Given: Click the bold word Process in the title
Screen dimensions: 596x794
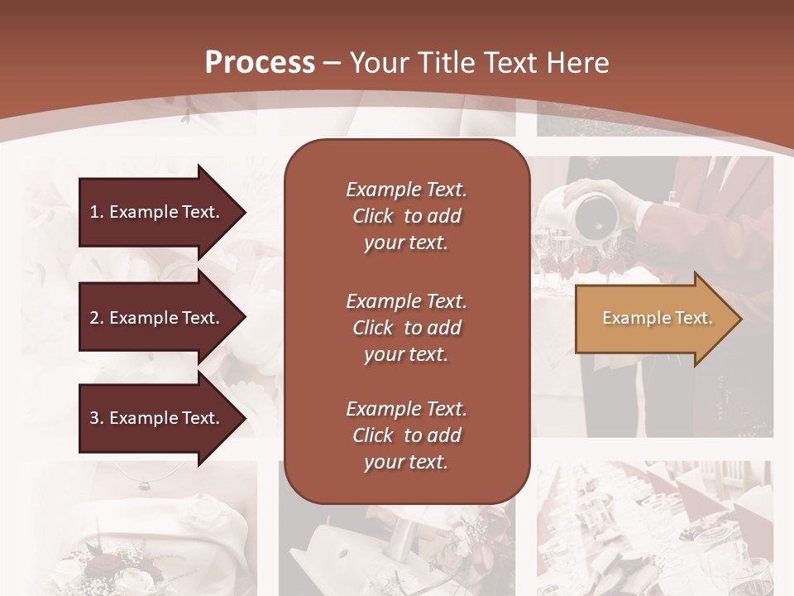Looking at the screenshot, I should coord(260,62).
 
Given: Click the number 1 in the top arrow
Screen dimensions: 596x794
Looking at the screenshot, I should coord(93,212).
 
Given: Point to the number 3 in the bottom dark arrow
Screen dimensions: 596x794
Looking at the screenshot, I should coord(93,418).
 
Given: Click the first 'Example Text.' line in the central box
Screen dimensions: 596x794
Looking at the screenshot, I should coord(406,190).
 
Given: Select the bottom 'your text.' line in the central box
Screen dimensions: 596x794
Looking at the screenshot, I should coord(406,463).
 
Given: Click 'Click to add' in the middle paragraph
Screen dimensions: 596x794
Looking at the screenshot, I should coord(406,328).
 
